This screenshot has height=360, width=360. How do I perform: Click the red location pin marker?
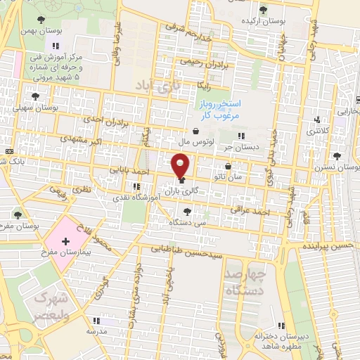(181, 166)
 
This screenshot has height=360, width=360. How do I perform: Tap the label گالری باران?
(179, 191)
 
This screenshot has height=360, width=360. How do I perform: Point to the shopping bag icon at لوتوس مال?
(195, 131)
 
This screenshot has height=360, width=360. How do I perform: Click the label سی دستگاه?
(188, 221)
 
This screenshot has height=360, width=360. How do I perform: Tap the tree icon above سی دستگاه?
(186, 210)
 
